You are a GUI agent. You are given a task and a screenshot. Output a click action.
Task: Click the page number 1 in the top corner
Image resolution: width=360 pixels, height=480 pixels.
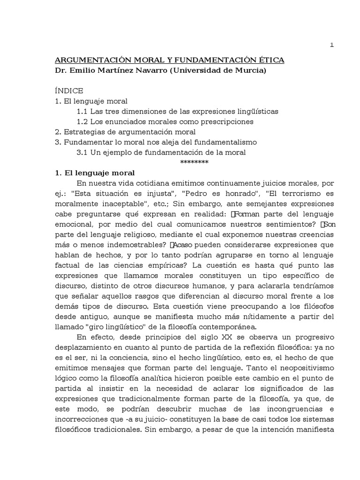(332, 45)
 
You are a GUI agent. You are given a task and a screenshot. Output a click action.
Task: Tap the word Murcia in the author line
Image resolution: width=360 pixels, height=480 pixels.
(249, 71)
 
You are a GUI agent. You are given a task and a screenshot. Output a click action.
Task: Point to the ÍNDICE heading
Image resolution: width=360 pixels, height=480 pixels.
(70, 91)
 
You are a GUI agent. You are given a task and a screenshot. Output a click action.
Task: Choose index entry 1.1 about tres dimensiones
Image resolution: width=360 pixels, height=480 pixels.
(177, 112)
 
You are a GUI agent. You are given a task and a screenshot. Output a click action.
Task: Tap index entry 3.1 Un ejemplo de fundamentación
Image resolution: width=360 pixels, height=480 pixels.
(161, 152)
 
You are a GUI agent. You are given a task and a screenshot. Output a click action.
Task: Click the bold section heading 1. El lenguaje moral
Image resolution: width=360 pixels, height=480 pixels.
(95, 172)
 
